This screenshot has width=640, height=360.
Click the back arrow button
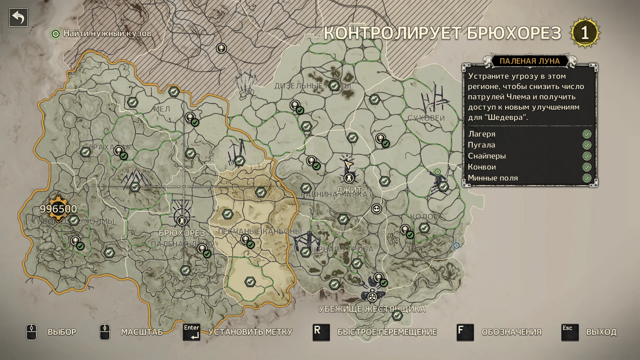tap(18, 18)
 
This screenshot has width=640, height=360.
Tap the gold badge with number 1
tap(585, 33)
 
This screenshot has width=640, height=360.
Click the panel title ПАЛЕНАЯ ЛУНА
tap(529, 61)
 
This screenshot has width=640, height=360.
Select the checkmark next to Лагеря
tap(587, 134)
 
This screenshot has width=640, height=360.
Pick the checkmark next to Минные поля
tap(587, 178)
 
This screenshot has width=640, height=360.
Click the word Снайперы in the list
tap(487, 156)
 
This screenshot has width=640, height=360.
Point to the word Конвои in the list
tap(482, 167)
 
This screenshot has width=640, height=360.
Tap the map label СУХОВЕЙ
tap(426, 118)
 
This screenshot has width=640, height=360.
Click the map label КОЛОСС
tap(427, 217)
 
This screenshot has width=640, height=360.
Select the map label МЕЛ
tap(162, 109)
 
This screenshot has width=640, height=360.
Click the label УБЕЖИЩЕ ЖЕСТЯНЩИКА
tap(372, 309)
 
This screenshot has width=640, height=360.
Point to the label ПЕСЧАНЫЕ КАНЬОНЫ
tap(259, 231)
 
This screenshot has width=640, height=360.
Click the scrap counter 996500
tap(58, 209)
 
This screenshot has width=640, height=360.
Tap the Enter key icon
tap(191, 332)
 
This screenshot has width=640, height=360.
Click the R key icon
tap(321, 332)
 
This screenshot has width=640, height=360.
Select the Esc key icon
tap(570, 332)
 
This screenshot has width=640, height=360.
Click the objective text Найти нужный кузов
tap(107, 33)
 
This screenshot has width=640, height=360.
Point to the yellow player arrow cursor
tap(348, 164)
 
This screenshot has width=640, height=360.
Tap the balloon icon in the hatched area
tap(221, 48)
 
